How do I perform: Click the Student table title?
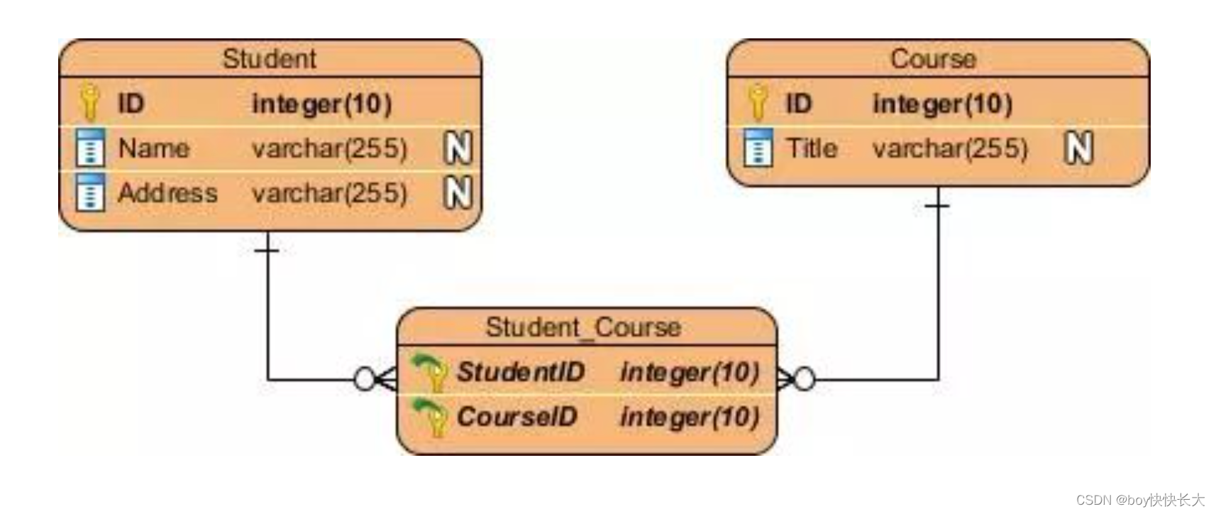269,59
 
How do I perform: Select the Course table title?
933,59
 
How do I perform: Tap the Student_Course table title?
583,327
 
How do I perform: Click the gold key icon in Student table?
89,102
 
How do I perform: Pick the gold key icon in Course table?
757,102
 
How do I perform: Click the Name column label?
153,148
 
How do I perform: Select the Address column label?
167,193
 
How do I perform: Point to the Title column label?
812,148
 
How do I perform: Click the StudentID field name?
520,371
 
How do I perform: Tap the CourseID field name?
516,417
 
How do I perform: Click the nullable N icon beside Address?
458,192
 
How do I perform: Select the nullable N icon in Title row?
1078,148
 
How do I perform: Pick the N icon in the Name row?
458,148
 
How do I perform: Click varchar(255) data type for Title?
950,148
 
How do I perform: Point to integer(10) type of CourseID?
690,417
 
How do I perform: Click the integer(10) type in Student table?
321,104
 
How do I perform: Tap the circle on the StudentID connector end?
364,379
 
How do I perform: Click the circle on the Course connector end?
804,379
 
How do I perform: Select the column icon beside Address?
90,192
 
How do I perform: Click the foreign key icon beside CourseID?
430,417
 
